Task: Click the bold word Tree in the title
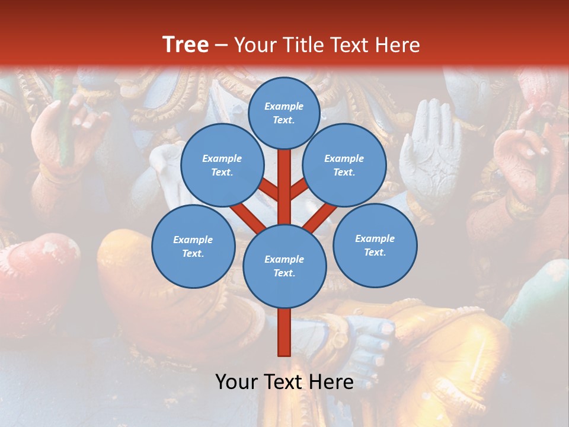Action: (186, 44)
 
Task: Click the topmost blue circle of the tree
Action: (284, 113)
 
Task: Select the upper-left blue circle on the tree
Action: (222, 165)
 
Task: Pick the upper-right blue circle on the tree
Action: (344, 165)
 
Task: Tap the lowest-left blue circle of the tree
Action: (193, 246)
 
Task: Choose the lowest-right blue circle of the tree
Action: (375, 245)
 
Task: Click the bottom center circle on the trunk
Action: (284, 266)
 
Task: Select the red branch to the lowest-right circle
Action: (321, 217)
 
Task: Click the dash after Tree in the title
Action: (221, 46)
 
